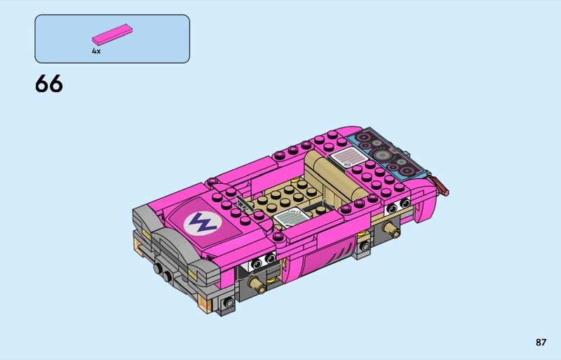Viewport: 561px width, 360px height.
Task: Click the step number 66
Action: [49, 84]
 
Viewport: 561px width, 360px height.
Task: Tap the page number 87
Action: [541, 342]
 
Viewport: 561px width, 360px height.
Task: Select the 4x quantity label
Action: [96, 51]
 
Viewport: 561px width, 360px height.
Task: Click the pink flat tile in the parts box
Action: [112, 34]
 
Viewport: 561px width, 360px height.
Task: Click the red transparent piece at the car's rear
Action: [440, 185]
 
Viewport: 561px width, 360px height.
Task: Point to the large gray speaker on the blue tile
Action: [382, 155]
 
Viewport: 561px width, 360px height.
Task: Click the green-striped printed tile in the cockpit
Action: [291, 217]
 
